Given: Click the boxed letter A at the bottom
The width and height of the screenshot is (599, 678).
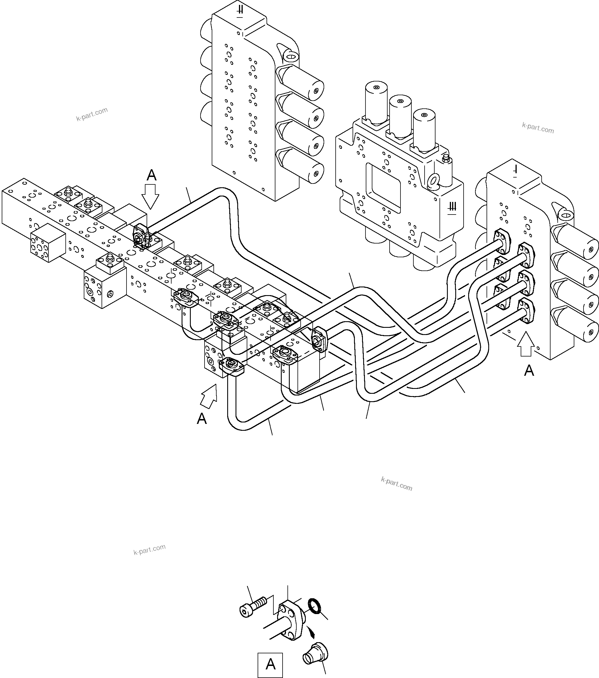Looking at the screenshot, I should tap(271, 665).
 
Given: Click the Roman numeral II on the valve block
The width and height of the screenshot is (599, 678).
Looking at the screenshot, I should tap(240, 11).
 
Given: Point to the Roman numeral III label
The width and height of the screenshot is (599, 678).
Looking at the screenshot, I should tap(452, 207).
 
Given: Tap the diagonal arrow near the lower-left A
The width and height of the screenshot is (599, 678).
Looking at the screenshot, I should tap(209, 396).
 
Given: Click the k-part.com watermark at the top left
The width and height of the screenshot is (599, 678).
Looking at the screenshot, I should tap(92, 114).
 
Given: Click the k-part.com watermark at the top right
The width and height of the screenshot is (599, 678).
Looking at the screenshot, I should tap(538, 128).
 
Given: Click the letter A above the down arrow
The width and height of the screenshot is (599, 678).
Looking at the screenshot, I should tap(151, 175).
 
